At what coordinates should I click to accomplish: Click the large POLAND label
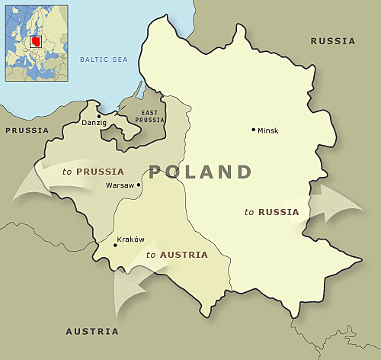click(200, 172)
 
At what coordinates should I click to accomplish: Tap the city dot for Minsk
click(253, 130)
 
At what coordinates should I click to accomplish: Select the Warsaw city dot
click(138, 185)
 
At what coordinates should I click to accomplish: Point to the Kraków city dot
click(115, 245)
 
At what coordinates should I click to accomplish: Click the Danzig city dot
click(98, 116)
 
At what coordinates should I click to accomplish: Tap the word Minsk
click(268, 130)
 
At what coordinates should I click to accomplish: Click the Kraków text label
click(130, 239)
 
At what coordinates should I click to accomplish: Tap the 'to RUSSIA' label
click(272, 211)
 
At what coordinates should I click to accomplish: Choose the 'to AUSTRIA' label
click(176, 254)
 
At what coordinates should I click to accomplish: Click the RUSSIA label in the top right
click(333, 40)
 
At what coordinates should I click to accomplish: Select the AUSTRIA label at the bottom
click(92, 331)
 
